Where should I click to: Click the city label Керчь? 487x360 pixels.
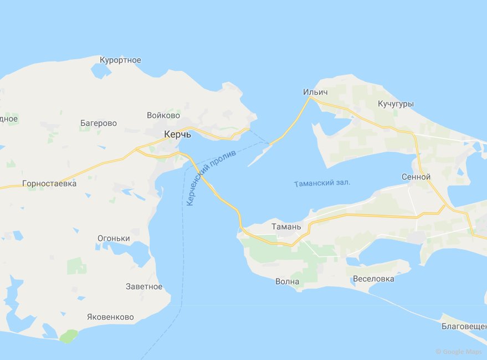tap(177, 135)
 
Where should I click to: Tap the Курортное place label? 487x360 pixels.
tap(120, 60)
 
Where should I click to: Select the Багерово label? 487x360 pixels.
tap(98, 123)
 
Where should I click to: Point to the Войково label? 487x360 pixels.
tap(163, 116)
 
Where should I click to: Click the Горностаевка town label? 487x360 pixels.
tap(49, 183)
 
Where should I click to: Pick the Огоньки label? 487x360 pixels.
tap(114, 239)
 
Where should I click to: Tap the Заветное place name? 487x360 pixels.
tap(144, 286)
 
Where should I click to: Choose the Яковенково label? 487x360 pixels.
tap(110, 317)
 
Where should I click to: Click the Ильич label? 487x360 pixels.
tap(316, 91)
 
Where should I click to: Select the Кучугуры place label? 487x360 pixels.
tap(396, 104)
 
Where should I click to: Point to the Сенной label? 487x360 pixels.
tap(416, 177)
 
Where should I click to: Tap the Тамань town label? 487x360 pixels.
tap(286, 227)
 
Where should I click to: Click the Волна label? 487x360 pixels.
tap(287, 282)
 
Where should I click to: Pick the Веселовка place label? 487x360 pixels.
tap(373, 279)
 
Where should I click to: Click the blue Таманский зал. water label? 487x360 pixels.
tap(322, 183)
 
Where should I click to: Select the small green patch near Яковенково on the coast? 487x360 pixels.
tap(69, 336)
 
